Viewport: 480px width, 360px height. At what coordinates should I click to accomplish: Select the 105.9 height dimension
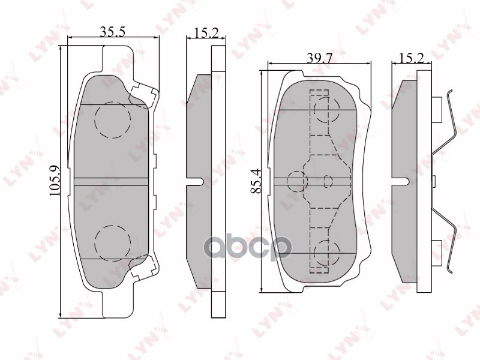[x=55, y=181]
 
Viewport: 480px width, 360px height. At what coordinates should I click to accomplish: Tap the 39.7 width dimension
[x=320, y=57]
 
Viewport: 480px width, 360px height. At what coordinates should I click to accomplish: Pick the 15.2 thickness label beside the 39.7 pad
[x=412, y=58]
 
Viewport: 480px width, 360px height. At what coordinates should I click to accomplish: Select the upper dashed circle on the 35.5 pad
[x=113, y=119]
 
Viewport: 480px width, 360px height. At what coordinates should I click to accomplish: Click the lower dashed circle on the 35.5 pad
[x=113, y=244]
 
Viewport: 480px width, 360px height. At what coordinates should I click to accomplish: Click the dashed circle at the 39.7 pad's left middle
[x=297, y=181]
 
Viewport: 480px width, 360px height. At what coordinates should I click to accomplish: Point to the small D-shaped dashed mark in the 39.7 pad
[x=327, y=180]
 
